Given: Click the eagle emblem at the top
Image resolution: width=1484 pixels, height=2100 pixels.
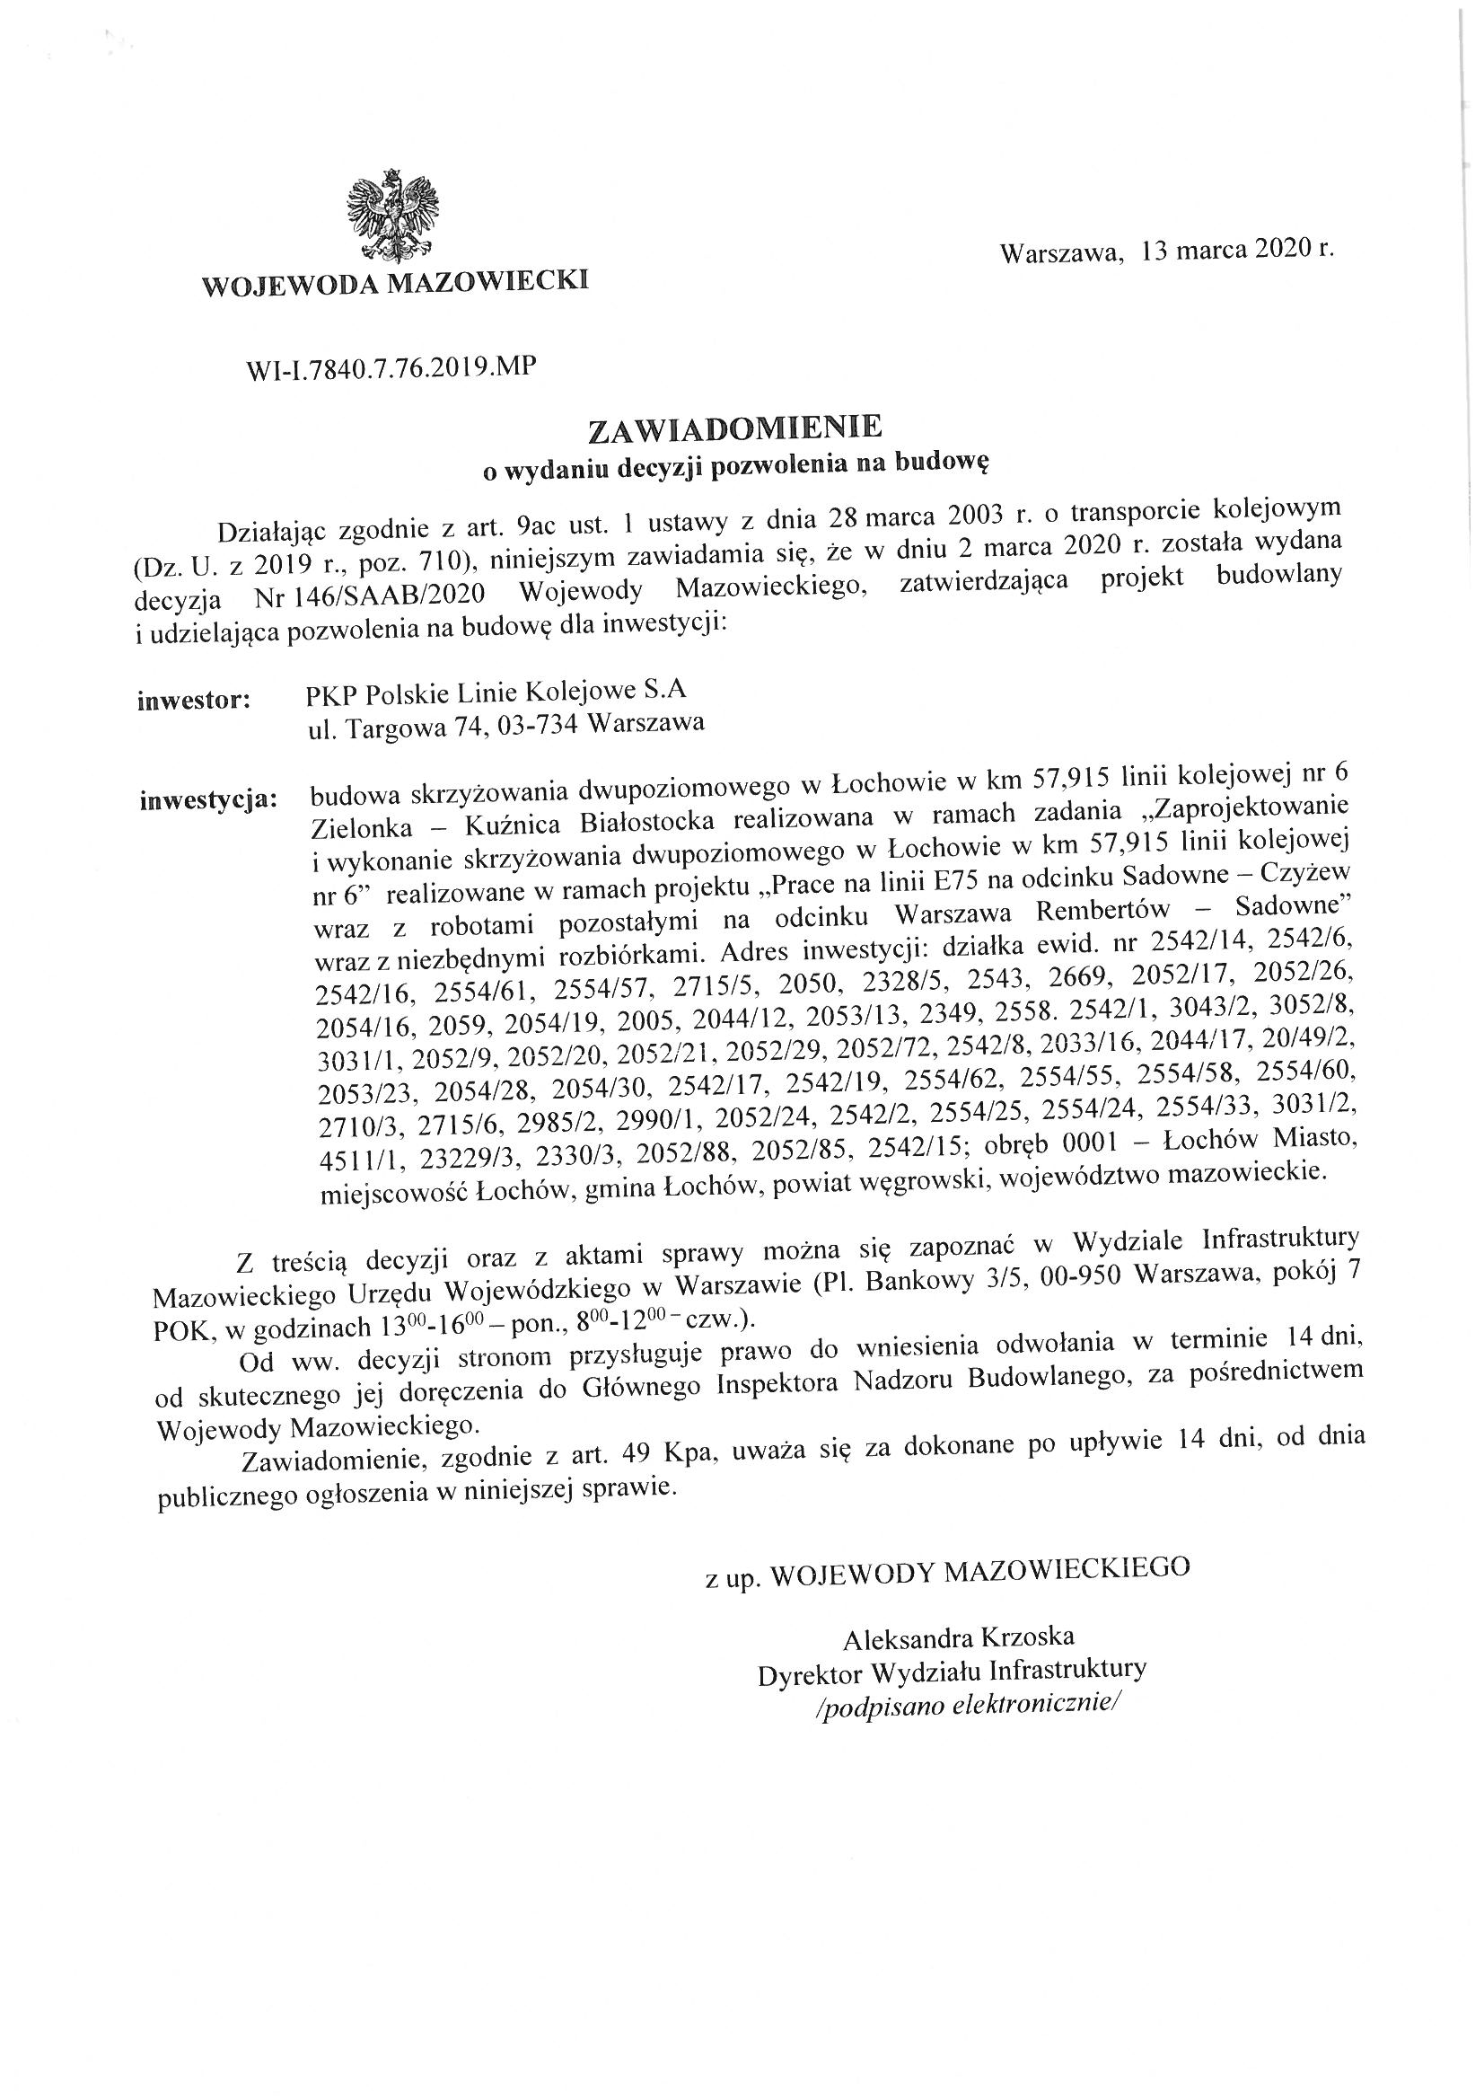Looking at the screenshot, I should point(392,216).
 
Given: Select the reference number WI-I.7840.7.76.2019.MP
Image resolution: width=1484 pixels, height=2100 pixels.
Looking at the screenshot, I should point(391,367).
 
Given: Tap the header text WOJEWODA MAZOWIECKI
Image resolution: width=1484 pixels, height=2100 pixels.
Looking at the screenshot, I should point(395,282).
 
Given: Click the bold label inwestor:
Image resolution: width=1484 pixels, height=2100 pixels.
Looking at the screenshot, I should point(194,701).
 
